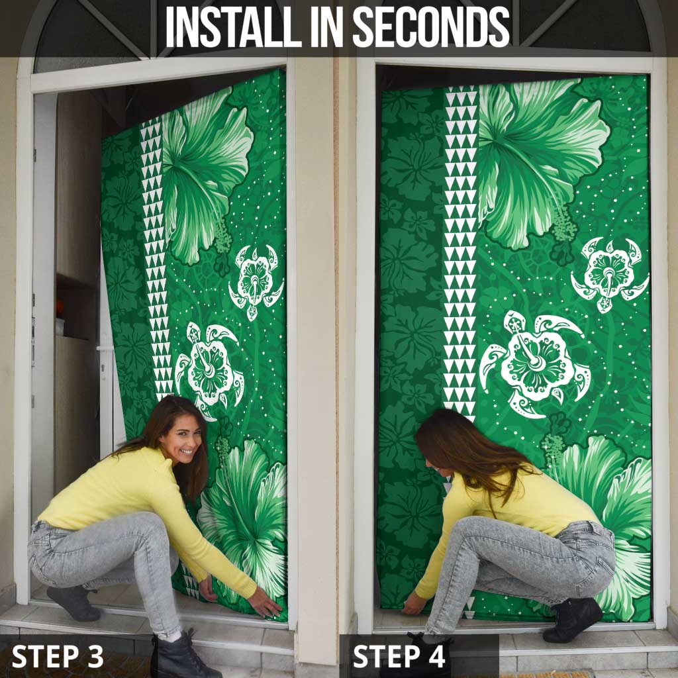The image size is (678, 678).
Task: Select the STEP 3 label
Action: [x=58, y=655]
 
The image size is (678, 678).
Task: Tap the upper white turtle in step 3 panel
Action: [x=256, y=282]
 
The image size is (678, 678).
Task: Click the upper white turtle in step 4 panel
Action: [x=610, y=272]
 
